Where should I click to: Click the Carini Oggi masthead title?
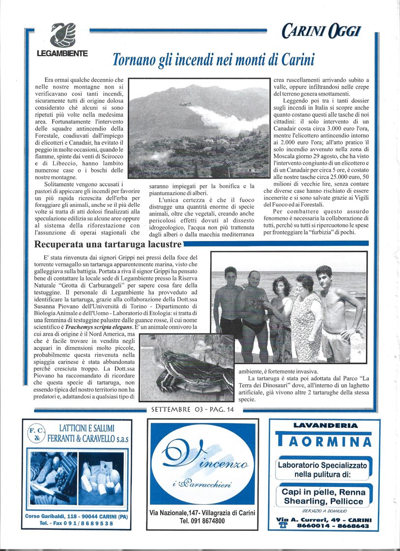[321, 32]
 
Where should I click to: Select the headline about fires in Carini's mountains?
[213, 59]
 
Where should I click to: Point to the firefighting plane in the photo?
[185, 104]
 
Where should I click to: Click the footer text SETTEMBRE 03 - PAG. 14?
[193, 409]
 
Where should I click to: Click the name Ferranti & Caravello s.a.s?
[88, 438]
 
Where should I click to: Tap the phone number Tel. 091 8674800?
[202, 520]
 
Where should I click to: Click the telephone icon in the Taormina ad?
[283, 525]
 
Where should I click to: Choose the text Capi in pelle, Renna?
[324, 492]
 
